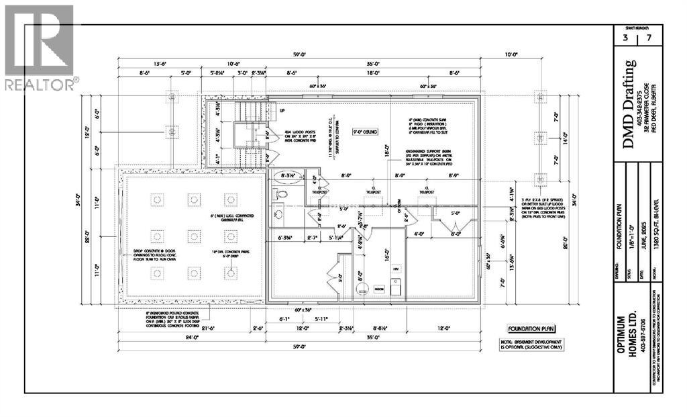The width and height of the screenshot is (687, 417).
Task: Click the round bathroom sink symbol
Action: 279,214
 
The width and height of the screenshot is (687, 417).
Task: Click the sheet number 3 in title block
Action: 625,38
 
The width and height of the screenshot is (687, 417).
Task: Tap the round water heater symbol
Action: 363,290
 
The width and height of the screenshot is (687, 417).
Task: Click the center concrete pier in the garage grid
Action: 194,236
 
